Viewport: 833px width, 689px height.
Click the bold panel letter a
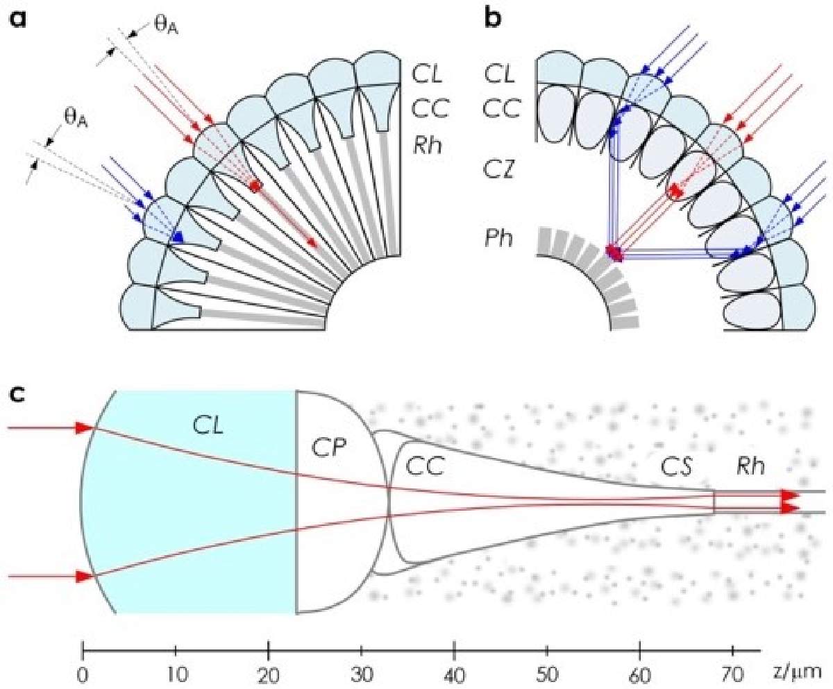(x=17, y=19)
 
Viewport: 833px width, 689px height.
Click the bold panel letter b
(x=494, y=17)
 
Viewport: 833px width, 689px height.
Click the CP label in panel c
(x=328, y=448)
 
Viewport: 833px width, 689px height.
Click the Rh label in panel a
(x=428, y=145)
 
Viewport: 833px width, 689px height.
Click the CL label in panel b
(x=500, y=74)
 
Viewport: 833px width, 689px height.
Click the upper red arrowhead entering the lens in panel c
(x=85, y=427)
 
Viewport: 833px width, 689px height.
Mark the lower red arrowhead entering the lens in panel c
(x=85, y=577)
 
